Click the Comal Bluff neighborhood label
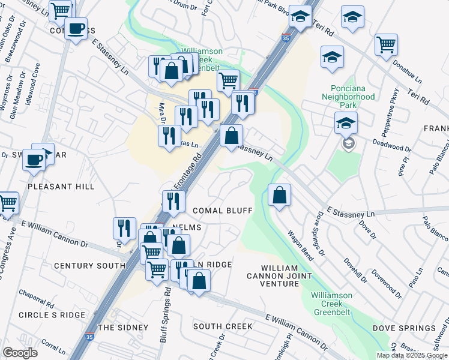pyautogui.click(x=221, y=210)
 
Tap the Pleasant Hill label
pyautogui.click(x=61, y=187)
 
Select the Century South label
pyautogui.click(x=89, y=265)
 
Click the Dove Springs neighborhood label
pyautogui.click(x=404, y=328)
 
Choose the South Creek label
pyautogui.click(x=223, y=326)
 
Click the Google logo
pyautogui.click(x=20, y=353)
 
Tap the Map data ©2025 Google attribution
pyautogui.click(x=411, y=355)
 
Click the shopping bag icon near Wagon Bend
pyautogui.click(x=279, y=196)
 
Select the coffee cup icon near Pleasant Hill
pyautogui.click(x=34, y=159)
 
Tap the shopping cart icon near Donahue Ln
pyautogui.click(x=386, y=44)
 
